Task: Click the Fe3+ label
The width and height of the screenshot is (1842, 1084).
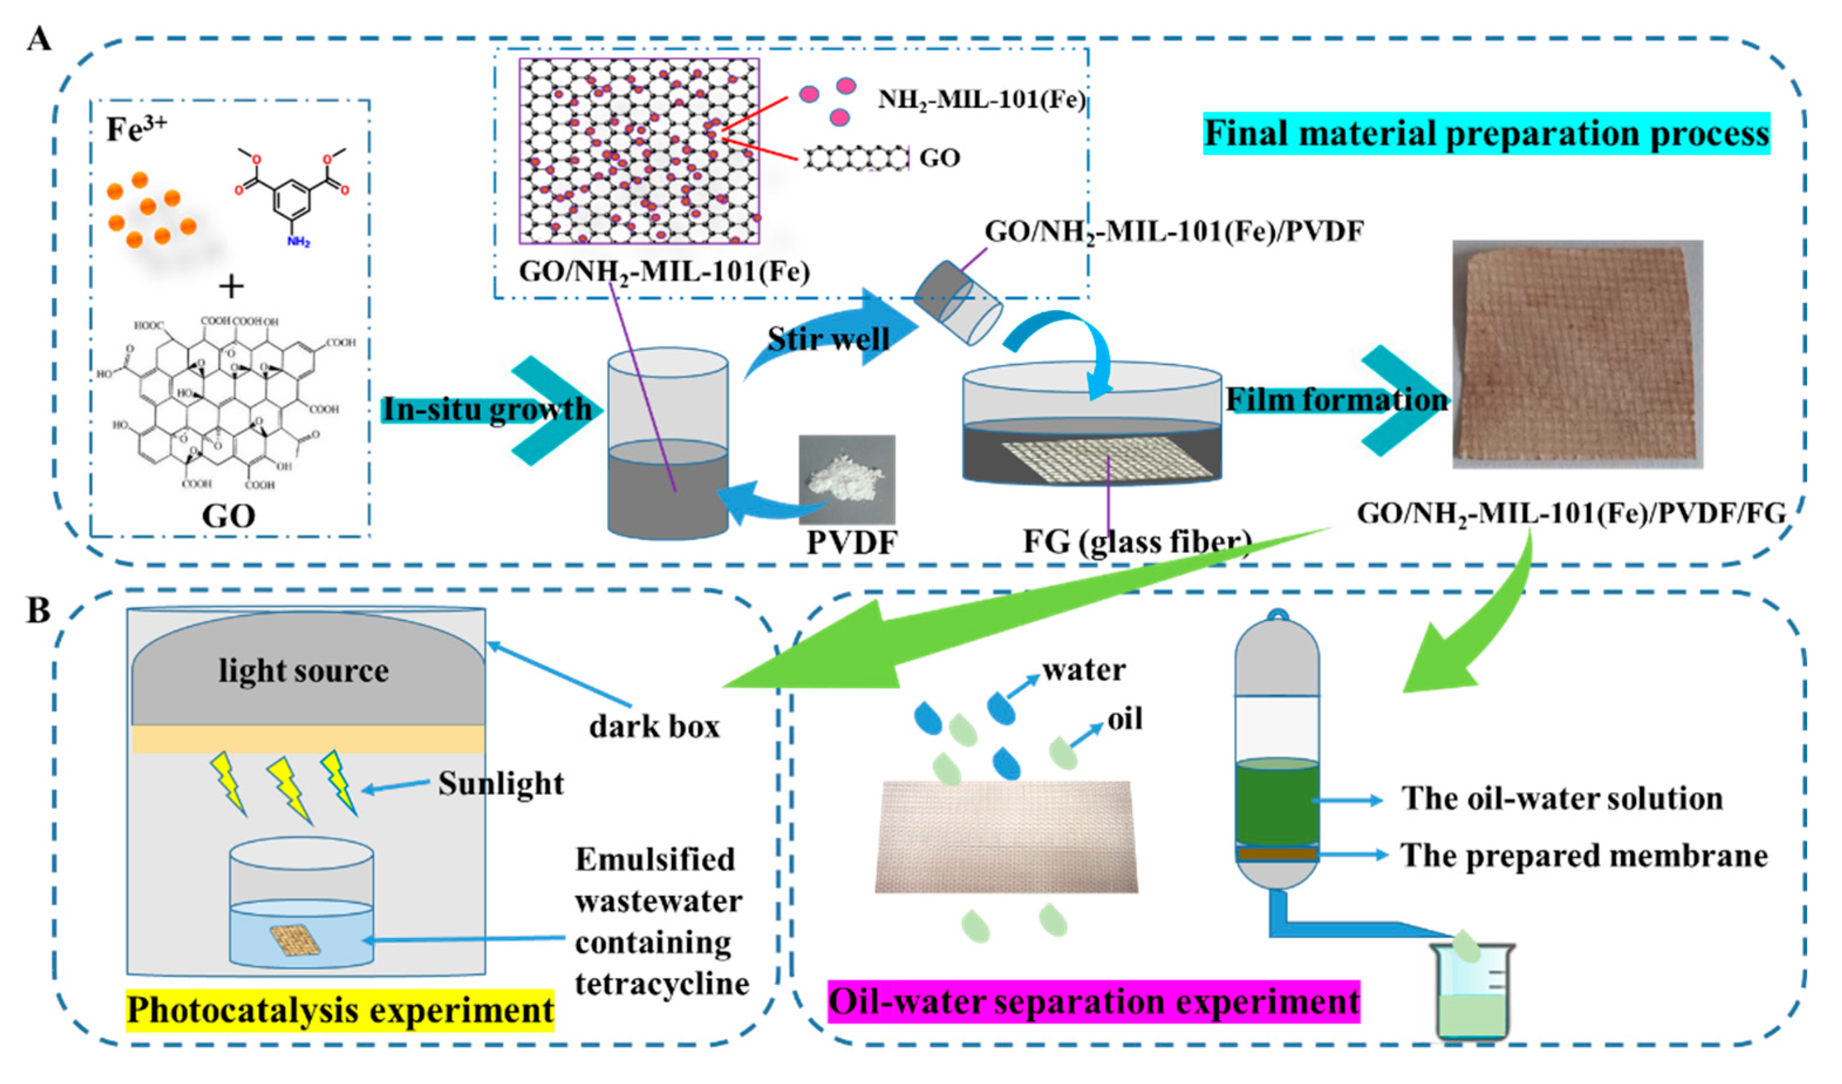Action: [136, 129]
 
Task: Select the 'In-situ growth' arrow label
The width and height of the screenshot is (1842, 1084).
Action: [487, 410]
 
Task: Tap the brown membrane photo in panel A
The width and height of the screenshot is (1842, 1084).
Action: [1577, 354]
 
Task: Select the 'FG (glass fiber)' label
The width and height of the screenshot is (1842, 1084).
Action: [1137, 543]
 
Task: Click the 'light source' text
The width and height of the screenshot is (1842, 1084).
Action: [303, 671]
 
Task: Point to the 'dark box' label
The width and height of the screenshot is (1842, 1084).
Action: [654, 727]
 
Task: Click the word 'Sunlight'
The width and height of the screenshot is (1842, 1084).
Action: [501, 783]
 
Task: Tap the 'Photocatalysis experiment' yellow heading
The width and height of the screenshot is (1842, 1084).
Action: [340, 1010]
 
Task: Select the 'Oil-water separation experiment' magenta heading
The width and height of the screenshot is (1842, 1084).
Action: [1093, 1001]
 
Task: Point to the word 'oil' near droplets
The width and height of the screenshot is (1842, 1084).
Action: [1124, 720]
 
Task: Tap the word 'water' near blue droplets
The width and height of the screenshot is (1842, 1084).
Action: [1083, 670]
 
